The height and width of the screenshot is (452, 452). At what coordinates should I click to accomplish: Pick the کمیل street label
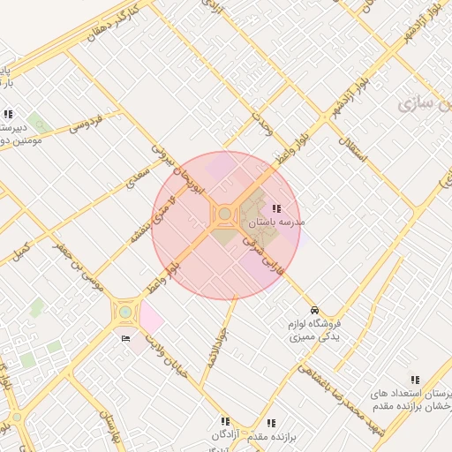(19, 250)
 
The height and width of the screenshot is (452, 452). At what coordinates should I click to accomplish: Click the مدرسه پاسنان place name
(275, 222)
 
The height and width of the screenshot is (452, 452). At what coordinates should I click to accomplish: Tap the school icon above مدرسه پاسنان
(276, 209)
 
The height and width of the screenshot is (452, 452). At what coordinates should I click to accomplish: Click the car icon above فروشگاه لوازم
(315, 310)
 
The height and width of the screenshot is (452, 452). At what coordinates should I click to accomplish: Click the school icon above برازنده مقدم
(270, 423)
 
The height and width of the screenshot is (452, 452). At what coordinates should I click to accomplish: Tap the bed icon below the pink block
(124, 338)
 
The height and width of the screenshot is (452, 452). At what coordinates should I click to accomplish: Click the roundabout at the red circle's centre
(225, 214)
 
